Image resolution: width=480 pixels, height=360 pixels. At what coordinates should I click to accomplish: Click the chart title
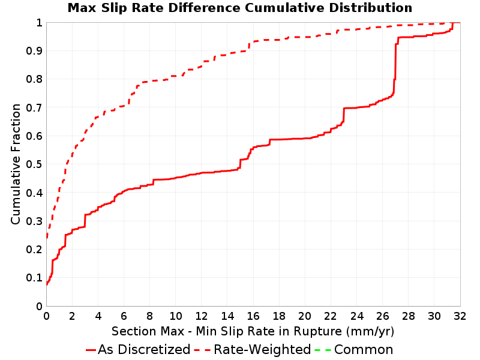pyautogui.click(x=240, y=8)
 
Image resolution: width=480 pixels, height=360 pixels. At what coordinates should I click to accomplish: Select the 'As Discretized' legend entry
pyautogui.click(x=138, y=349)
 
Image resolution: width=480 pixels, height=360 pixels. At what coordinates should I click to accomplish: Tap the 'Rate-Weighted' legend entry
pyautogui.click(x=253, y=349)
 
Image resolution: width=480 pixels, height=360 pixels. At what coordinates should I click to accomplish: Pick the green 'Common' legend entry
pyautogui.click(x=354, y=349)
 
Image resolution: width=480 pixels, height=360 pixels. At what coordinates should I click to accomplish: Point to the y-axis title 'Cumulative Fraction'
pyautogui.click(x=16, y=164)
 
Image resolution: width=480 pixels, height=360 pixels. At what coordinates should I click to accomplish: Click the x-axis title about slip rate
pyautogui.click(x=253, y=331)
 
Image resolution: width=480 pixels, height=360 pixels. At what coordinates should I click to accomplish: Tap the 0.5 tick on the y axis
pyautogui.click(x=34, y=164)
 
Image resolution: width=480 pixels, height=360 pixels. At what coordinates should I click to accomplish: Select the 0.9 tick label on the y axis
pyautogui.click(x=34, y=51)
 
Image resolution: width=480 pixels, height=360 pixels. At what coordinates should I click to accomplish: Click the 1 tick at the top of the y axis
pyautogui.click(x=39, y=23)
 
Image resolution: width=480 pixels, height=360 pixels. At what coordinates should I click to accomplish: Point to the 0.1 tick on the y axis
pyautogui.click(x=34, y=278)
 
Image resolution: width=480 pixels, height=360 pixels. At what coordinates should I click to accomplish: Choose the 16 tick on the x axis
pyautogui.click(x=253, y=316)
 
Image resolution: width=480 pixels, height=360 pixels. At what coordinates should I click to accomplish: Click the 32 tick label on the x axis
pyautogui.click(x=460, y=316)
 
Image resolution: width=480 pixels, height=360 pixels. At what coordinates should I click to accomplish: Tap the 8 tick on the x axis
pyautogui.click(x=149, y=316)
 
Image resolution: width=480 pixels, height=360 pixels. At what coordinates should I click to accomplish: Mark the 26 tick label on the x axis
pyautogui.click(x=382, y=316)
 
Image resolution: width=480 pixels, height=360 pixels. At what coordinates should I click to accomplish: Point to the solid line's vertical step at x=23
pyautogui.click(x=344, y=115)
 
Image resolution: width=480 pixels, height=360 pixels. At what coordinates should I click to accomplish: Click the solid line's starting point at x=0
pyautogui.click(x=47, y=283)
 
